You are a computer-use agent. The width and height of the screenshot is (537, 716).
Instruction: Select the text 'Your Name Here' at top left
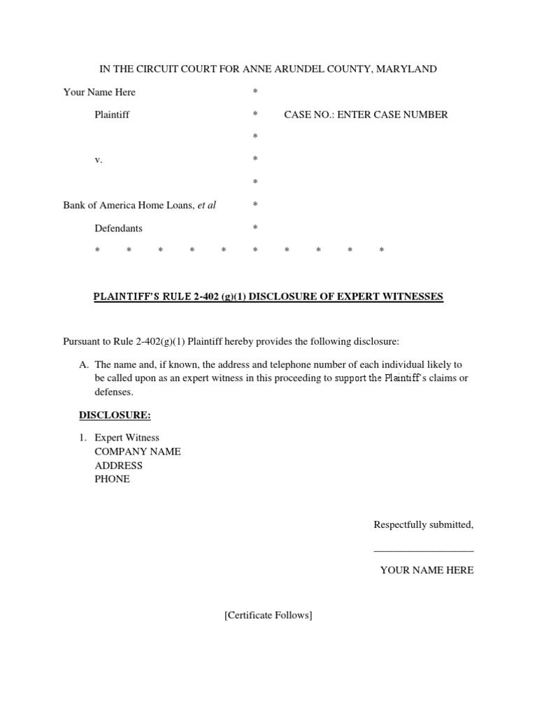[x=99, y=92]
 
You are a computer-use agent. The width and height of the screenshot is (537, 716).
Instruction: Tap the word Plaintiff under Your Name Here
[x=112, y=115]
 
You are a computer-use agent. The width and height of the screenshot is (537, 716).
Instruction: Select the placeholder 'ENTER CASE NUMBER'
[x=393, y=115]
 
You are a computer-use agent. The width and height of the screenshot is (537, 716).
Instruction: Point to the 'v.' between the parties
[x=99, y=160]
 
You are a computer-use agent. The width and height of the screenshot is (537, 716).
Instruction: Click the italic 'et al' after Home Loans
[x=206, y=206]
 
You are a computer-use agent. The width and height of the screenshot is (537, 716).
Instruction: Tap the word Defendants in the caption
[x=119, y=228]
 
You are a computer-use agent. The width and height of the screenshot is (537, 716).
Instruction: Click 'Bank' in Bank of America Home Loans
[x=74, y=206]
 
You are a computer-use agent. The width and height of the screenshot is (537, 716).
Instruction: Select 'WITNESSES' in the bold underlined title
[x=411, y=296]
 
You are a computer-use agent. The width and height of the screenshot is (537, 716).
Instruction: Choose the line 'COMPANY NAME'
[x=138, y=452]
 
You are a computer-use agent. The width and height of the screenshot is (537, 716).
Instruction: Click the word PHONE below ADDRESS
[x=113, y=480]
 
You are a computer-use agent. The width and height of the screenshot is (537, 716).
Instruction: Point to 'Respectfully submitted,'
[x=424, y=524]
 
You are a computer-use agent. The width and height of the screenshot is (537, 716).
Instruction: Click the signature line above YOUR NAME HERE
[x=424, y=552]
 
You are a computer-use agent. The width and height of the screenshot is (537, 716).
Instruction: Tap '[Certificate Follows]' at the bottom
[x=268, y=615]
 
